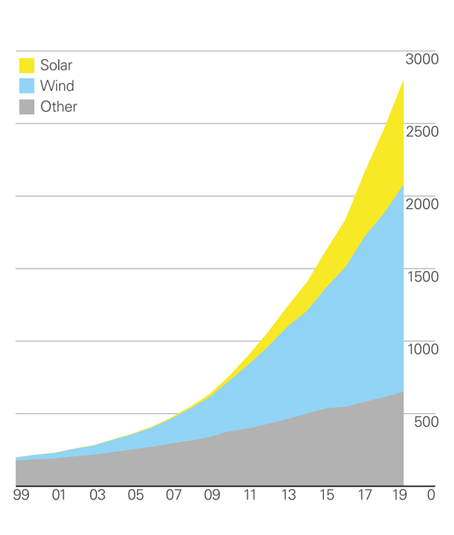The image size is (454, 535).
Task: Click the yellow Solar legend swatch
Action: point(26,65)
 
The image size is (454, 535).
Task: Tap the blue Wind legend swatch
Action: point(26,86)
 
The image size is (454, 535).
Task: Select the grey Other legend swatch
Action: point(26,107)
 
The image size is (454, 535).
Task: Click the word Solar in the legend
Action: point(56,65)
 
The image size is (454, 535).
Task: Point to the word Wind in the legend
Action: point(57,86)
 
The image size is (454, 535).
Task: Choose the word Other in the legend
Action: point(59,107)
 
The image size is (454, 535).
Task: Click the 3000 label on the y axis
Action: point(422,60)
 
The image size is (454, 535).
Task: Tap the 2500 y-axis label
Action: point(422,132)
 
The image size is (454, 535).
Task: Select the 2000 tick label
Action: point(422,205)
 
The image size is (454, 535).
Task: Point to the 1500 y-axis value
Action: point(422,278)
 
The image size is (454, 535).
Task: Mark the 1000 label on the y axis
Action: point(422,350)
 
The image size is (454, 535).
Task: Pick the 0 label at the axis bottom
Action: point(432,496)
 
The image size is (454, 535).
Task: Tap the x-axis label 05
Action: point(135,496)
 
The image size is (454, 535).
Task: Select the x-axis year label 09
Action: point(212,496)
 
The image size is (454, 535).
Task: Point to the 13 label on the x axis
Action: point(289,496)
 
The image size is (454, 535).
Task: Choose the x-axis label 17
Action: point(365,496)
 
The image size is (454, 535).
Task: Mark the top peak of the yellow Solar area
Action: point(403,80)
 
